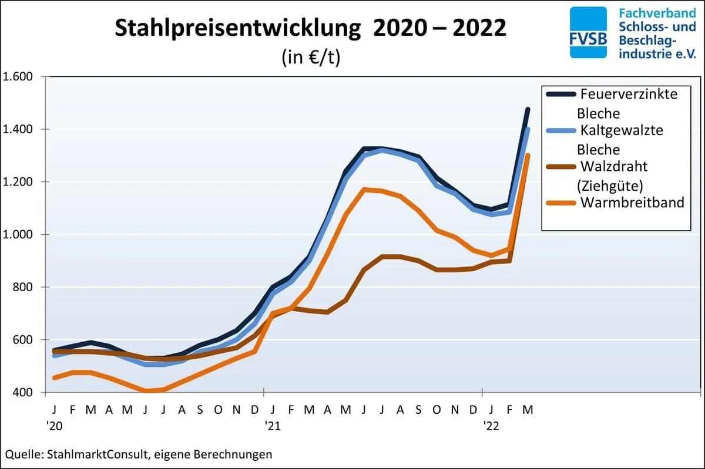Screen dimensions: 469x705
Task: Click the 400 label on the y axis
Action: point(23,392)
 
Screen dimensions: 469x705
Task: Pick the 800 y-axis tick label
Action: point(23,287)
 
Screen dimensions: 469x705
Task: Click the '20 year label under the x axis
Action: point(55,425)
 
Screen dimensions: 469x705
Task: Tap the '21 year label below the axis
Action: point(271,425)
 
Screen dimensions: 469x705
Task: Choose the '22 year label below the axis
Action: point(491,425)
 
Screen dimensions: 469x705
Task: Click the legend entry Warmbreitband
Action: point(632,203)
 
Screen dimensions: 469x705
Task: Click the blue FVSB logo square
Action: point(588,32)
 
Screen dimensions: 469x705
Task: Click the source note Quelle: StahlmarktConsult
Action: point(138,454)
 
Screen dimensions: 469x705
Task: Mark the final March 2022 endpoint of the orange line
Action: point(528,155)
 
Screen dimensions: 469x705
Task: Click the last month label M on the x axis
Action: point(528,409)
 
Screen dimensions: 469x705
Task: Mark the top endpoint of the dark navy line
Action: point(528,109)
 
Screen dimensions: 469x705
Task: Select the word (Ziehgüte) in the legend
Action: point(609,185)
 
